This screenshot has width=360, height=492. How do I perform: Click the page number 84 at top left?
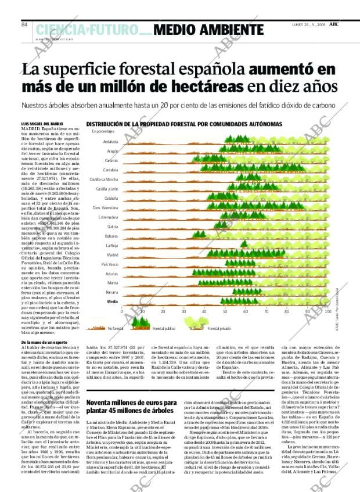pyautogui.click(x=25, y=24)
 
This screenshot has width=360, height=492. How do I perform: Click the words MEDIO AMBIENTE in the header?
pyautogui.click(x=209, y=30)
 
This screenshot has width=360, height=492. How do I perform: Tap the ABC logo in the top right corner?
pyautogui.click(x=334, y=24)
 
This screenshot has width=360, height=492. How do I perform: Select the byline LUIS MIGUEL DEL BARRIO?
pyautogui.click(x=42, y=124)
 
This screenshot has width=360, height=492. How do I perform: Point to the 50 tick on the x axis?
pyautogui.click(x=225, y=312)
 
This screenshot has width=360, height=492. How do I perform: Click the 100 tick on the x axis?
pyautogui.click(x=327, y=312)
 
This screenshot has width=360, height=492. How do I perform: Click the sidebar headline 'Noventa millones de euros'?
pyautogui.click(x=131, y=403)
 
